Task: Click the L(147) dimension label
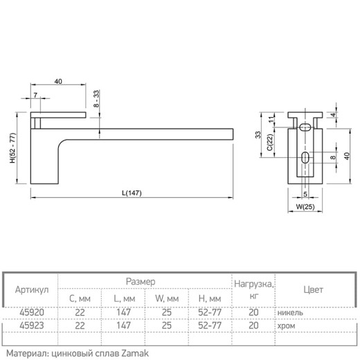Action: coord(132,193)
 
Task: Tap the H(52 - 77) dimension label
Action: coord(12,148)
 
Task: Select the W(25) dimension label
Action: coord(305,206)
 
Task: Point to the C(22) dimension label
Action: coord(270,142)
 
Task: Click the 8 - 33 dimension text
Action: coord(96,98)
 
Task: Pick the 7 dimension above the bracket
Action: coord(35,95)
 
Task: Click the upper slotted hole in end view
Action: coord(305,127)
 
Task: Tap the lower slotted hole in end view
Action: coord(305,158)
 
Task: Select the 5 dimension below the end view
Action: coord(305,195)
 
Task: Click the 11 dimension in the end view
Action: coord(272,119)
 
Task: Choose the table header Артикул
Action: coord(32,289)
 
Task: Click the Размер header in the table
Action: coord(141,282)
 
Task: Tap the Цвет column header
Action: coord(313,289)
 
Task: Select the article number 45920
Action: coord(32,312)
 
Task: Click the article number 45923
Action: coord(32,325)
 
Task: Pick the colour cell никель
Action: coord(290,313)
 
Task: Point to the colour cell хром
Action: coord(286,326)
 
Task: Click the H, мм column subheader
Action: coord(210,299)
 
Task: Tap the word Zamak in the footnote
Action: coord(135,353)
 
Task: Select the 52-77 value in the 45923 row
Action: coord(210,325)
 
